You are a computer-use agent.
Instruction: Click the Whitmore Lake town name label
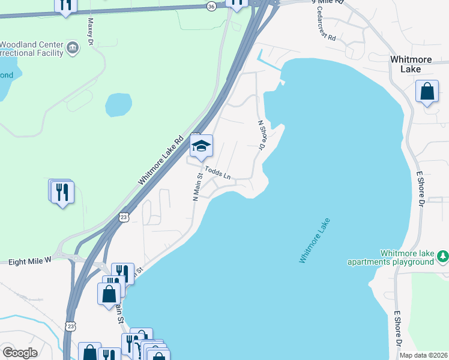pos(414,64)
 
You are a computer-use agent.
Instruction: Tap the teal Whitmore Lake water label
pos(315,240)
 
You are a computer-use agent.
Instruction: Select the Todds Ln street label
pos(218,173)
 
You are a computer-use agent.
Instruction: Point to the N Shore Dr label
pos(261,135)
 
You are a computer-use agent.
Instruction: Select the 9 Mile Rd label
pos(330,2)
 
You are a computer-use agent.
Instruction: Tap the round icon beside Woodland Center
pos(73,47)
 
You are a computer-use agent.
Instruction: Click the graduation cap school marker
pos(202,145)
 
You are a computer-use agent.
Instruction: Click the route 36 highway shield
pos(211,6)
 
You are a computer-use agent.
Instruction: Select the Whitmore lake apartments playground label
pos(391,257)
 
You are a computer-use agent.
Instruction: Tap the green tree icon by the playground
pos(443,256)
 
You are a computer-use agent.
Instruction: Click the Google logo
pos(20,353)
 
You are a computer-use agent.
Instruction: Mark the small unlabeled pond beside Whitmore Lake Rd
pos(118,104)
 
